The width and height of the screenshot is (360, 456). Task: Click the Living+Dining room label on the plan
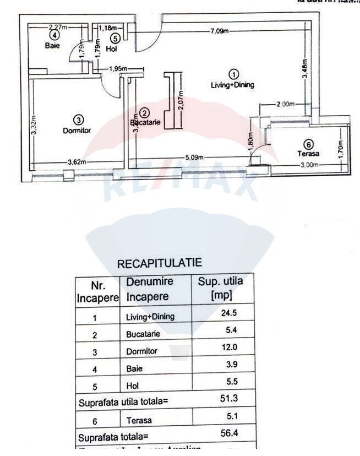point(233,85)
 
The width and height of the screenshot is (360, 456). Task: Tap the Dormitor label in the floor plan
point(77,131)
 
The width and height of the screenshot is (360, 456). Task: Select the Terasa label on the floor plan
point(308,154)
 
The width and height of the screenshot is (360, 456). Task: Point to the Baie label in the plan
point(52,46)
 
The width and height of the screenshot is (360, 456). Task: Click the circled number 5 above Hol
point(114,38)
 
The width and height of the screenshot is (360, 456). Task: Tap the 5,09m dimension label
point(194,157)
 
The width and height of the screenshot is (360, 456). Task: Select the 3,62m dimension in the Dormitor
point(77,162)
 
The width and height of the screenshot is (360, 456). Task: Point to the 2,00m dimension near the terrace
point(285,104)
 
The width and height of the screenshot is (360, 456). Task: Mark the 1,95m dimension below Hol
point(118,68)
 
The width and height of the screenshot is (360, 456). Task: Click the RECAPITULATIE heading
point(160,264)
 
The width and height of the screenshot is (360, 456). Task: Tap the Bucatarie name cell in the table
point(143,334)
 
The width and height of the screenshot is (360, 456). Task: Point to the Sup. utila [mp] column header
point(220,288)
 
